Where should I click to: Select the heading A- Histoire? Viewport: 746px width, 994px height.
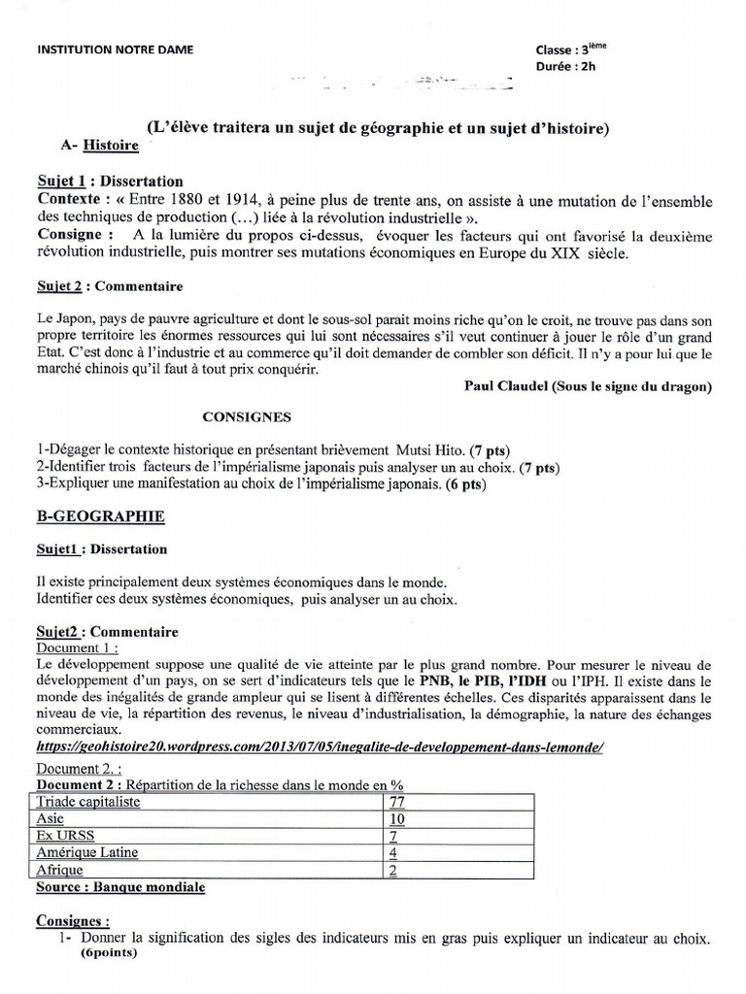[x=99, y=146]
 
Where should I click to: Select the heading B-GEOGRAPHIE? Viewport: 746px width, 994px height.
[x=100, y=516]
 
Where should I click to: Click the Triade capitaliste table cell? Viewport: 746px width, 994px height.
[x=87, y=801]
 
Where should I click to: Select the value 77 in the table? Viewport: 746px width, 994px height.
[x=395, y=801]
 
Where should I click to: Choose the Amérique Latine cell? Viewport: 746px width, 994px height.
[x=86, y=852]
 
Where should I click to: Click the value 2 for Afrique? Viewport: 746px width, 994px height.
[x=392, y=870]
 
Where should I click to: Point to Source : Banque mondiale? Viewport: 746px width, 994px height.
[x=120, y=886]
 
